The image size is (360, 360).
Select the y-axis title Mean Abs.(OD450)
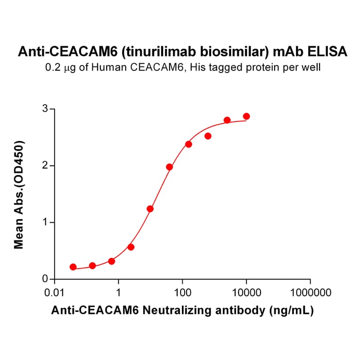(19, 194)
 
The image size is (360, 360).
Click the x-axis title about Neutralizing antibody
(182, 311)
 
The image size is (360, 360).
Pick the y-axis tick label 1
(46, 222)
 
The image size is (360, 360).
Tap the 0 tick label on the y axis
(46, 279)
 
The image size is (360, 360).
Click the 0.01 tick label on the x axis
(55, 293)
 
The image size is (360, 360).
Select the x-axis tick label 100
(182, 293)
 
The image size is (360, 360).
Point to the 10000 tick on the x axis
(246, 293)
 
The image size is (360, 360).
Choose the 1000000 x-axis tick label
(310, 293)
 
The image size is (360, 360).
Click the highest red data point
(246, 116)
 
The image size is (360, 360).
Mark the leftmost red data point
(73, 267)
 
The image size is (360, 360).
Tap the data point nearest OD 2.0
(170, 167)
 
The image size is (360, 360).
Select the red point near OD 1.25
(150, 209)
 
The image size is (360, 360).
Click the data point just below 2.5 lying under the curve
(208, 136)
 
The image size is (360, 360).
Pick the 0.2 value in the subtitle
(51, 68)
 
